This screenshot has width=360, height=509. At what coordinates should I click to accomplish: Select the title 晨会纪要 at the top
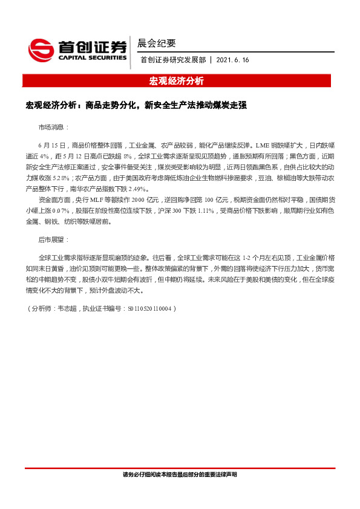pyautogui.click(x=157, y=43)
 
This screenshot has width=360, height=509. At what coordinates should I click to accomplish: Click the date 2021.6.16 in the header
pyautogui.click(x=232, y=60)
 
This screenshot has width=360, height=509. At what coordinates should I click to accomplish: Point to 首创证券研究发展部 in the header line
pyautogui.click(x=173, y=60)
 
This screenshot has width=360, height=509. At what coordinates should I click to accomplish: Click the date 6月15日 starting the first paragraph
pyautogui.click(x=51, y=146)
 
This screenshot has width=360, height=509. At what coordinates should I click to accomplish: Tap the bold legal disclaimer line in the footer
pyautogui.click(x=180, y=475)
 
